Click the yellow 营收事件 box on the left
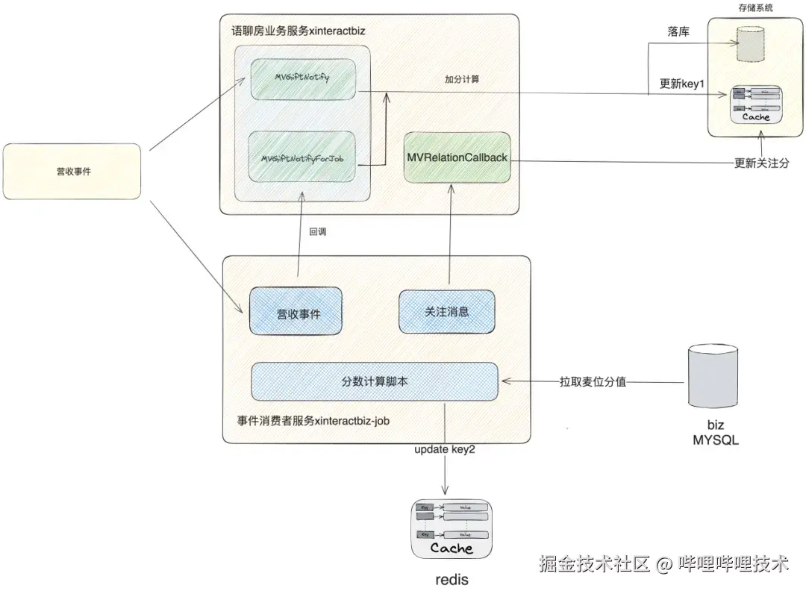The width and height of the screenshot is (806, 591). tap(72, 172)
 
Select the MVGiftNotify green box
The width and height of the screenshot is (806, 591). tap(302, 76)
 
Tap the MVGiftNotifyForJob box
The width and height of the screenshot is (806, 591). tap(302, 158)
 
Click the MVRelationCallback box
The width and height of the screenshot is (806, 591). tap(456, 157)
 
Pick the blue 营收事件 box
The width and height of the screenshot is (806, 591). tap(295, 313)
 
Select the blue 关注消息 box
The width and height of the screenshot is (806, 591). tap(447, 312)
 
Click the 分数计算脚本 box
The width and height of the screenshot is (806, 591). tap(374, 381)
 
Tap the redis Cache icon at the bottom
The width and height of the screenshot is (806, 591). tap(452, 530)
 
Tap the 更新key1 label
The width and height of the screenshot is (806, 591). tap(681, 84)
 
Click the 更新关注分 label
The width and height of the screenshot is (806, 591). tap(760, 163)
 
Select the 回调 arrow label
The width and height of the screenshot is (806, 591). tap(318, 231)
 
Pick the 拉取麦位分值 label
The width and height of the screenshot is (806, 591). tap(593, 381)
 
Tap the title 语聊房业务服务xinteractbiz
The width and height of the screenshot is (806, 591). tap(298, 31)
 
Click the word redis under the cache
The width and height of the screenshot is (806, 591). tap(452, 579)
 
